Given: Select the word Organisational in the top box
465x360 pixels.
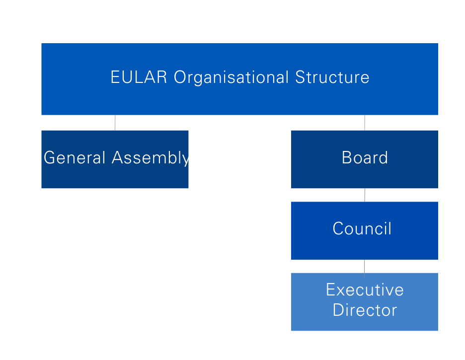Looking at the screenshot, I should click(x=231, y=78).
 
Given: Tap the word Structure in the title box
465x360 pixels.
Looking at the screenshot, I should click(x=332, y=78).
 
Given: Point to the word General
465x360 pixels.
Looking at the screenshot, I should click(x=75, y=158).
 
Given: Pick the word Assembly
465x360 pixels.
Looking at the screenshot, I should click(x=151, y=158).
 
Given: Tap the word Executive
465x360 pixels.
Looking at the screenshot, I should click(x=365, y=290).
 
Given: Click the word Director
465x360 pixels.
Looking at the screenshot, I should click(x=365, y=310).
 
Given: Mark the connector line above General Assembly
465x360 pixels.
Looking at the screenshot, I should click(x=115, y=123).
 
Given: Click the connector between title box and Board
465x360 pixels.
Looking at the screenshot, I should click(x=365, y=123).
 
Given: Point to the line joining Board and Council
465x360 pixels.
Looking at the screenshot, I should click(x=365, y=195).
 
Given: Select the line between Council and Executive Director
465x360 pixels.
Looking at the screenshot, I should click(x=364, y=266).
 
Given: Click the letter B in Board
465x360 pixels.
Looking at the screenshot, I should click(x=347, y=158).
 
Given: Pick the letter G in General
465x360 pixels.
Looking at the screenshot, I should click(x=50, y=158).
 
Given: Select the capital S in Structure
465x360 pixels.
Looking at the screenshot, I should click(x=300, y=78).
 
